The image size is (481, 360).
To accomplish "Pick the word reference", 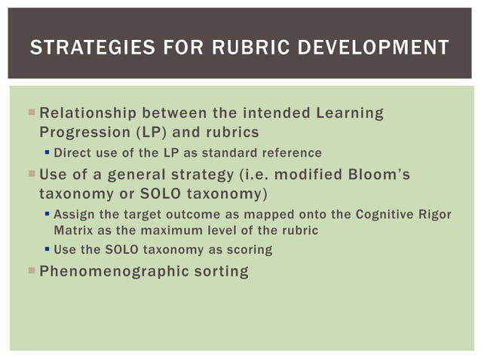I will coord(291,153).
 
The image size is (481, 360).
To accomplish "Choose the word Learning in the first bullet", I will coord(350,114).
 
